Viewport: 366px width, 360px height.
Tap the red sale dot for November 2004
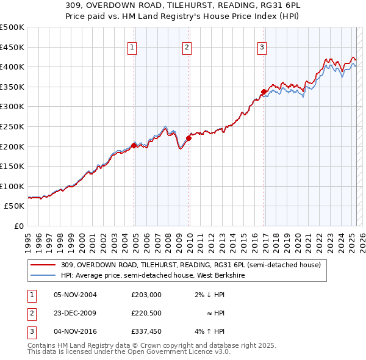click(x=134, y=145)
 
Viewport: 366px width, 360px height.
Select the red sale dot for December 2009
click(x=189, y=138)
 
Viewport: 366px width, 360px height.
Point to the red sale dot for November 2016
click(x=264, y=92)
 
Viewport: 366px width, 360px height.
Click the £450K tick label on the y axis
click(x=12, y=47)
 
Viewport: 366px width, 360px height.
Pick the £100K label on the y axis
click(x=12, y=186)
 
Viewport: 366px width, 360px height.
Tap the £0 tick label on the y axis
click(x=19, y=226)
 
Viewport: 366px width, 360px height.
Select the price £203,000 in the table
click(x=146, y=295)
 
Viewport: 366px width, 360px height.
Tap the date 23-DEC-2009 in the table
click(x=75, y=313)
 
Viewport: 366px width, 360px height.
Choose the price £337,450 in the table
click(x=146, y=331)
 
